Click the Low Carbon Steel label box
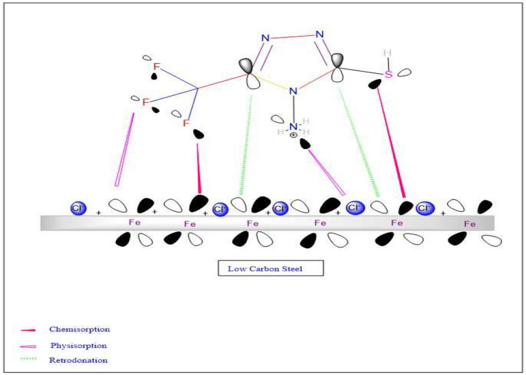270,268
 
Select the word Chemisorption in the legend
79,329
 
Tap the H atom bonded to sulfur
386,52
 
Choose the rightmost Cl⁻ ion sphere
425,209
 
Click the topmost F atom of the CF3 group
157,66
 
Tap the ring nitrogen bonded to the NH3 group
292,90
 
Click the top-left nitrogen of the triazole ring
266,38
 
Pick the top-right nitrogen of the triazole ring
319,34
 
